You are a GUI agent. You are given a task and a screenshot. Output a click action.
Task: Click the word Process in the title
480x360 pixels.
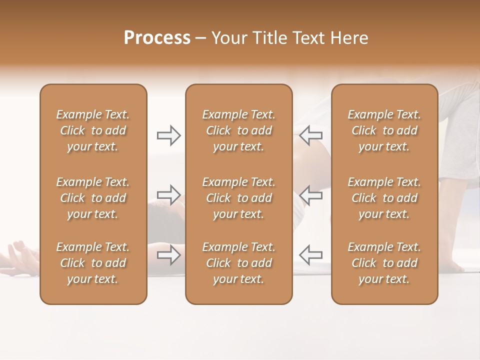[157, 38]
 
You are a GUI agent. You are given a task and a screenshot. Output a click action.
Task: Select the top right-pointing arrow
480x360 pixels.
[168, 135]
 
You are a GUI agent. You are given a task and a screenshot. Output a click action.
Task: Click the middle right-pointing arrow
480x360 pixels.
[168, 194]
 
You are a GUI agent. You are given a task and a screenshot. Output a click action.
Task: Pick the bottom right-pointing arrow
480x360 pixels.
[168, 255]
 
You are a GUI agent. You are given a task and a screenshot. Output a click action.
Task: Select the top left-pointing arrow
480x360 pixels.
[311, 135]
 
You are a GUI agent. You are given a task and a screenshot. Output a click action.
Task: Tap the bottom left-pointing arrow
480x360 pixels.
[311, 255]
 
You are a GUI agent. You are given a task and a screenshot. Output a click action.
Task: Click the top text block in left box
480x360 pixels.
[93, 130]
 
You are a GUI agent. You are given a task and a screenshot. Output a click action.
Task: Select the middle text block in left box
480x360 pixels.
[93, 198]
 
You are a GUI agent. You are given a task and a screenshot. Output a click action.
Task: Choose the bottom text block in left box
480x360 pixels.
[93, 263]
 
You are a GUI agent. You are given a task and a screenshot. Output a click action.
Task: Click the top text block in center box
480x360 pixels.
[238, 130]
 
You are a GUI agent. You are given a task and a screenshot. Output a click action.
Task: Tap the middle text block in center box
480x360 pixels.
[238, 198]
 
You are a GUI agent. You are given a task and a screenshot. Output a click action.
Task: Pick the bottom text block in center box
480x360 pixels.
[238, 263]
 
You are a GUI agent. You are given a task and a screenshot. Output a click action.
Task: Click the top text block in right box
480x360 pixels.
[384, 130]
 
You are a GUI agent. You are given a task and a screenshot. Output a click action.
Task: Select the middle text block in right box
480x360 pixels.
[384, 198]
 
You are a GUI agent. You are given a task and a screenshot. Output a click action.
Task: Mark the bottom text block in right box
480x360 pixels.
[384, 263]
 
